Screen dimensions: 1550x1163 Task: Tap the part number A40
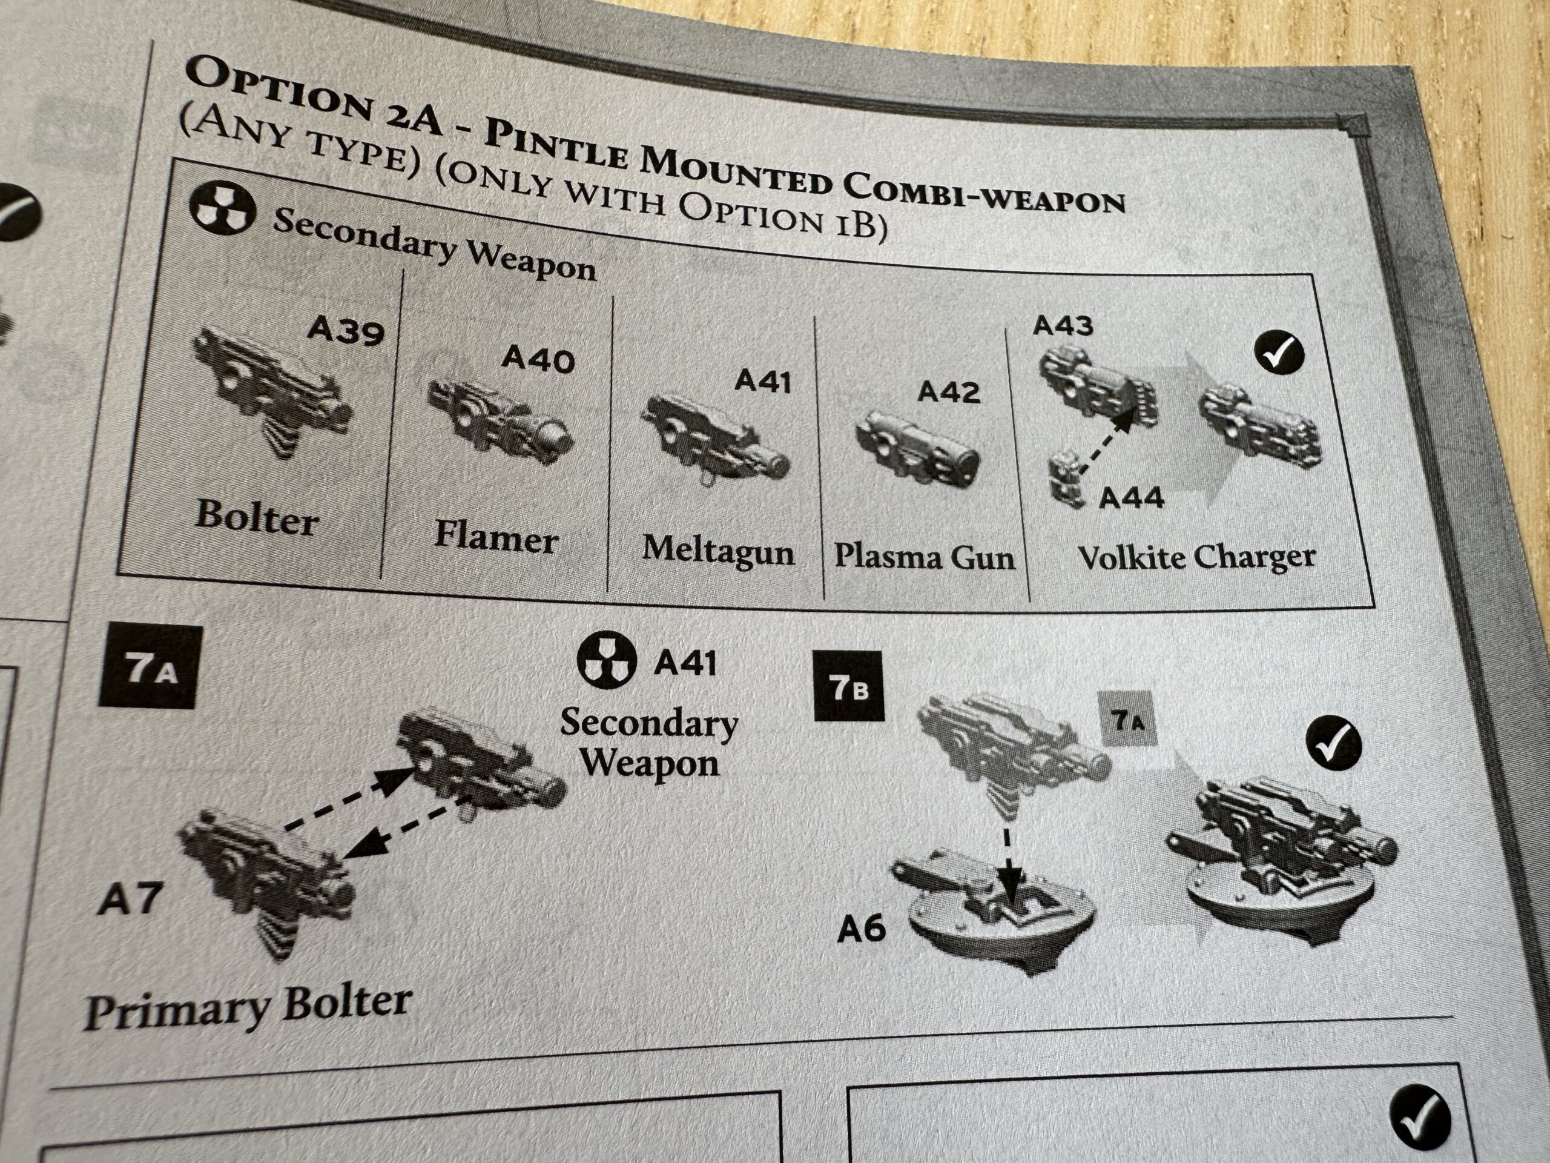click(538, 360)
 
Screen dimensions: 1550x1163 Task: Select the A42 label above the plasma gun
click(949, 392)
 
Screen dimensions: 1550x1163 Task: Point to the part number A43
click(1063, 326)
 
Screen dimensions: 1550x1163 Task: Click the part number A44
click(1131, 498)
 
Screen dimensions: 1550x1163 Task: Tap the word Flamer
click(496, 537)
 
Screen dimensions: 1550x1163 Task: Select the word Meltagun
click(718, 551)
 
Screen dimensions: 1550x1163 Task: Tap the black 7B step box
click(849, 686)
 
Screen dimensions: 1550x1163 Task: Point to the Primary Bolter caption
click(248, 1007)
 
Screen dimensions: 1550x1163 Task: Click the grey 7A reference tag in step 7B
click(1126, 718)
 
